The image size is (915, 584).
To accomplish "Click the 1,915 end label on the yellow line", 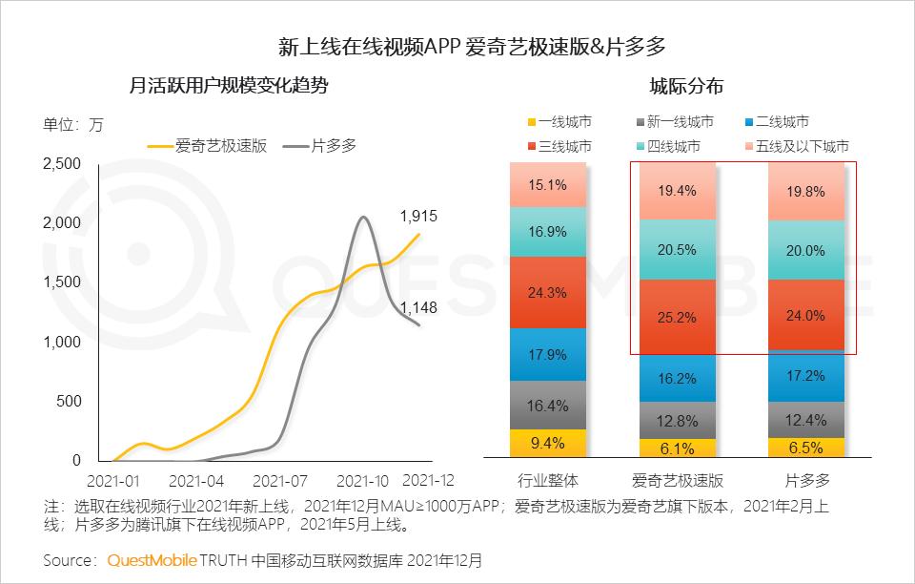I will coord(418,216).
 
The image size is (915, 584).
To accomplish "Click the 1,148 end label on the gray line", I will coord(418,306).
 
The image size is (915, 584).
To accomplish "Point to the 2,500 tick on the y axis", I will coord(62,164).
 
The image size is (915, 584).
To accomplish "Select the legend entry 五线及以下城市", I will coord(802,146).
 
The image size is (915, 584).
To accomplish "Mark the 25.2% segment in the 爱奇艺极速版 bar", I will coord(677,317).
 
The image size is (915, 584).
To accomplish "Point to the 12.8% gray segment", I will coord(677,421).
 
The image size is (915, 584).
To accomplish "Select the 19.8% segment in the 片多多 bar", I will coord(805,191).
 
